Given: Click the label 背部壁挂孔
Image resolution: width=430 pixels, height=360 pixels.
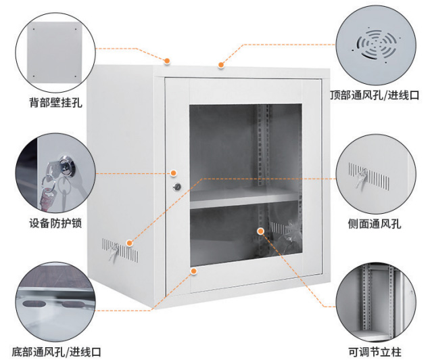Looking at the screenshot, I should click(x=56, y=104).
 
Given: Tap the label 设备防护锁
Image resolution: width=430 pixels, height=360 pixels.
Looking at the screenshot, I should click(x=55, y=222).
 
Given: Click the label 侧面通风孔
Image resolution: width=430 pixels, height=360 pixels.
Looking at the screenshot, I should click(x=374, y=222).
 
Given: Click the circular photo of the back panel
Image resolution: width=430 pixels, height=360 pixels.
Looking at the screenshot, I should click(x=56, y=49).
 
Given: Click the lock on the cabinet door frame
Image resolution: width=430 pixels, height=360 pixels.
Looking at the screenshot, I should click(x=177, y=186).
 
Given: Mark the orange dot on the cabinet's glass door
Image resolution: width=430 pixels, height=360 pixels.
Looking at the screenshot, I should click(x=260, y=231).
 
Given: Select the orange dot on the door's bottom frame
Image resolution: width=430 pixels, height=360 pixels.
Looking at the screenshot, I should click(x=194, y=270).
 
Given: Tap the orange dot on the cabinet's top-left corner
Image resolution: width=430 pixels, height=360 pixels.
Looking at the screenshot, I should click(x=166, y=61).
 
